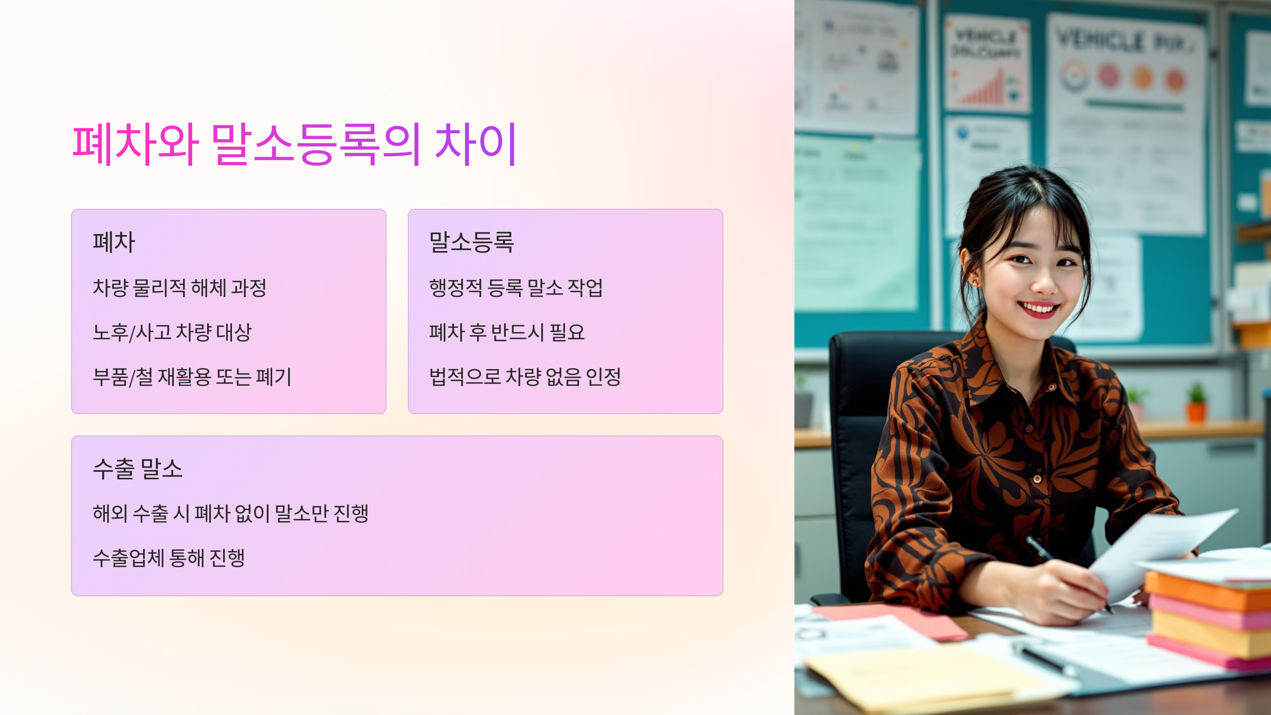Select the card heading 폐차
pos(114,243)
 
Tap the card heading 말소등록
pos(471,243)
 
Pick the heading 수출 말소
pos(138,469)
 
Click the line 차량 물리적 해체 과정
pos(180,288)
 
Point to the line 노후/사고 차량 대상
pos(172,333)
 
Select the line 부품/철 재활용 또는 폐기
pos(192,377)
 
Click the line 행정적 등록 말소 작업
pos(516,288)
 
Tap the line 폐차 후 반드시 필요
pos(507,333)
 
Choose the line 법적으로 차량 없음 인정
pos(525,377)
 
